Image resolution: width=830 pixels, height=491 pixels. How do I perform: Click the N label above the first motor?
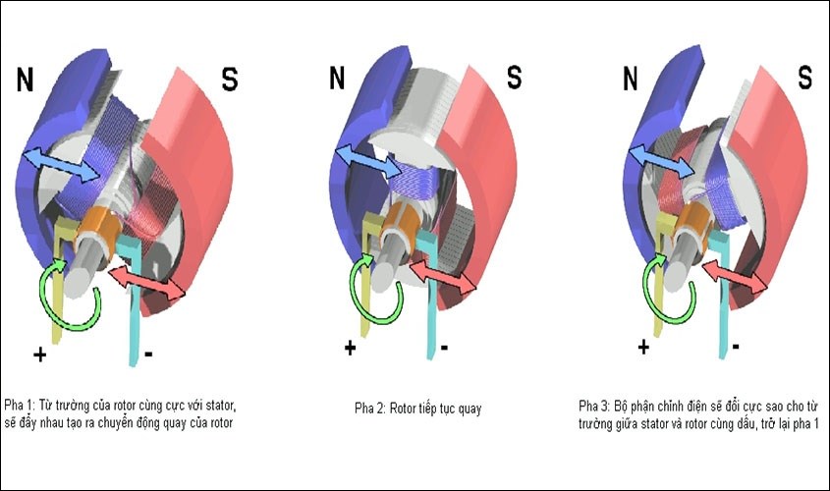(25, 80)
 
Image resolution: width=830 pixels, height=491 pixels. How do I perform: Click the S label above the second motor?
(515, 77)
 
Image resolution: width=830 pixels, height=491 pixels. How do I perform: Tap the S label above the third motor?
(805, 78)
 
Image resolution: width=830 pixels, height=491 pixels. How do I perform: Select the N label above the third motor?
(630, 79)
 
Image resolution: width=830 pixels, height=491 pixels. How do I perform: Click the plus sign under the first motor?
(39, 354)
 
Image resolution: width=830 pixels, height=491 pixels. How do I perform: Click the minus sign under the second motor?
(444, 348)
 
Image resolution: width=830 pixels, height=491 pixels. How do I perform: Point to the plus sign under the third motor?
(643, 348)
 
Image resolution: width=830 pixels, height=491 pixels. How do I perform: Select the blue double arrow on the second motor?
(369, 161)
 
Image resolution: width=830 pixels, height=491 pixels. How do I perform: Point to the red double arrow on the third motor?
(735, 276)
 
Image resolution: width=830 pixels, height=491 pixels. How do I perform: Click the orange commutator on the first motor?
(99, 229)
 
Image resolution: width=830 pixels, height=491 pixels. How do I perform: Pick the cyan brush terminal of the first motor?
(133, 297)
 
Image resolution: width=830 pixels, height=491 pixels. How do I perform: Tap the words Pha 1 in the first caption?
(19, 406)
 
